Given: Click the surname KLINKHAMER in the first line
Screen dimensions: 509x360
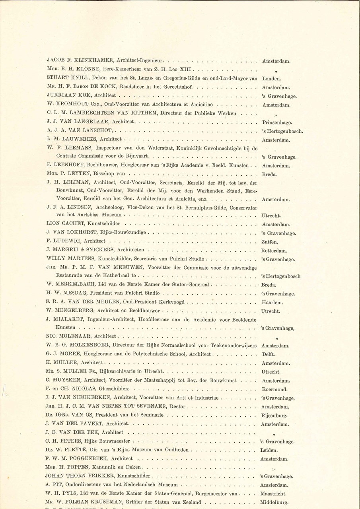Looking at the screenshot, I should tap(94, 61).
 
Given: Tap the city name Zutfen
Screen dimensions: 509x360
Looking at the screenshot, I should tap(269, 242).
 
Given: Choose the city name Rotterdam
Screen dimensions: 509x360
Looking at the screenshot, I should tap(274, 251).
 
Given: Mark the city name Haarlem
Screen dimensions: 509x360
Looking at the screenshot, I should tap(272, 303).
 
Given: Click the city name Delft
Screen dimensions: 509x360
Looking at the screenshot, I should tap(269, 354).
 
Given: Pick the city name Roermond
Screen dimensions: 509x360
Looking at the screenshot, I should tap(274, 389).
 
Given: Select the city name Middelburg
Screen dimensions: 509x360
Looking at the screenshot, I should tap(275, 502).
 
